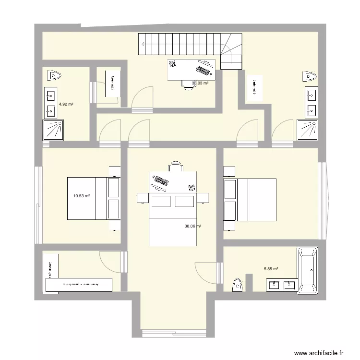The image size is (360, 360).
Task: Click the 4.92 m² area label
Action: point(66,104)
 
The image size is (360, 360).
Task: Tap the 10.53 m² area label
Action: point(82,196)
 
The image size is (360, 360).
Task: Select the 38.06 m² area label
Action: point(192,227)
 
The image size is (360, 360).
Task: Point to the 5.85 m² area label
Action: point(271,270)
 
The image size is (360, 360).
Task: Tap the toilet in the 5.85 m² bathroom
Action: point(237,285)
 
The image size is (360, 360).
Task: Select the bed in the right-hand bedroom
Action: point(250,200)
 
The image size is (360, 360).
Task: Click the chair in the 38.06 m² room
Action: point(176,166)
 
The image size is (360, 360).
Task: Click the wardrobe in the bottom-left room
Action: point(79,284)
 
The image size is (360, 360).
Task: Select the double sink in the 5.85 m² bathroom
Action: point(282,285)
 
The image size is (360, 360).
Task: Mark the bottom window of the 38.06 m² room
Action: point(173,332)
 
